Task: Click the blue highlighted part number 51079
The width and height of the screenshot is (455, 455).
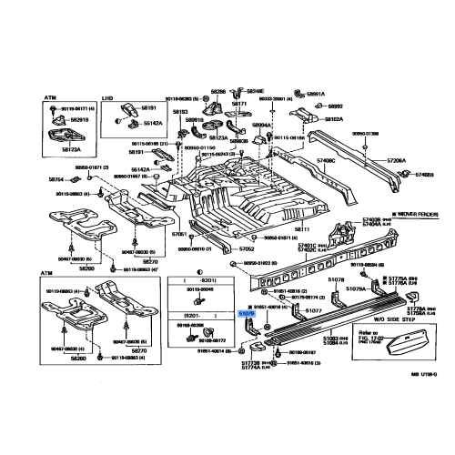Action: click(247, 313)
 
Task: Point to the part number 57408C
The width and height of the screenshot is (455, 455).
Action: click(326, 161)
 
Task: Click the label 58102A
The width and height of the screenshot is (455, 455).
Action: click(332, 119)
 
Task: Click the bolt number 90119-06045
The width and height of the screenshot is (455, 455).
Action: click(197, 289)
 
